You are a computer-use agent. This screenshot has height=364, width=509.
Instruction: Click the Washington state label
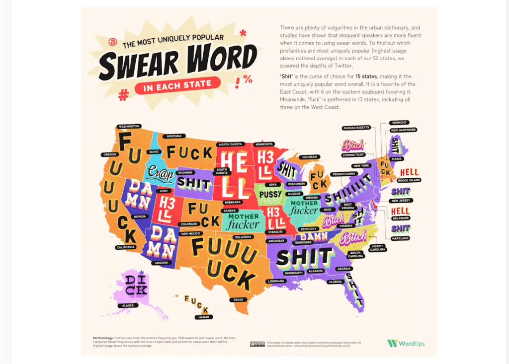(128, 127)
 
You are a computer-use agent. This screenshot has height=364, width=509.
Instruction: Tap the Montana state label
(173, 136)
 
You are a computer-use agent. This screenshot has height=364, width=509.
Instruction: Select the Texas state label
(238, 300)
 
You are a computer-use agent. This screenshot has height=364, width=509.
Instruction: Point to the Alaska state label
(127, 305)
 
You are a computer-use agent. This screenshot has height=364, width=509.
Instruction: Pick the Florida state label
(336, 282)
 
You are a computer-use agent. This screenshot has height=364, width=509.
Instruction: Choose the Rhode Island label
(409, 180)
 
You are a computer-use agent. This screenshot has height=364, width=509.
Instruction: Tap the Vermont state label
(400, 123)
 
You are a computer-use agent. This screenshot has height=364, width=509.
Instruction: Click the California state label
(126, 247)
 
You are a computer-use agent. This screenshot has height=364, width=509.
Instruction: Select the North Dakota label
(230, 145)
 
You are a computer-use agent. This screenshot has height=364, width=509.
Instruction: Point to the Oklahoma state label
(243, 237)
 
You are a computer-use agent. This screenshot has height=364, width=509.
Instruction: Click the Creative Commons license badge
(257, 344)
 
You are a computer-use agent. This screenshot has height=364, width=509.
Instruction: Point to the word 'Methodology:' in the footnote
(103, 338)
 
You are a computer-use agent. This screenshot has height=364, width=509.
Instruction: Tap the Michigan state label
(309, 157)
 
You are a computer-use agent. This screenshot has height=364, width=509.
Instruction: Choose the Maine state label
(397, 159)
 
